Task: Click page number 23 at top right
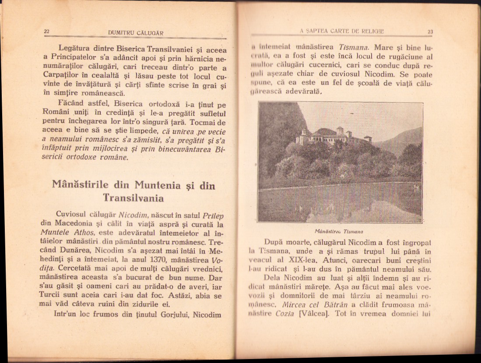click(430, 31)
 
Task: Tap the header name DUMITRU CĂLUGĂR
click(135, 33)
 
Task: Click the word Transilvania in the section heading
click(133, 198)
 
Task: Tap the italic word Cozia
click(284, 314)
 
